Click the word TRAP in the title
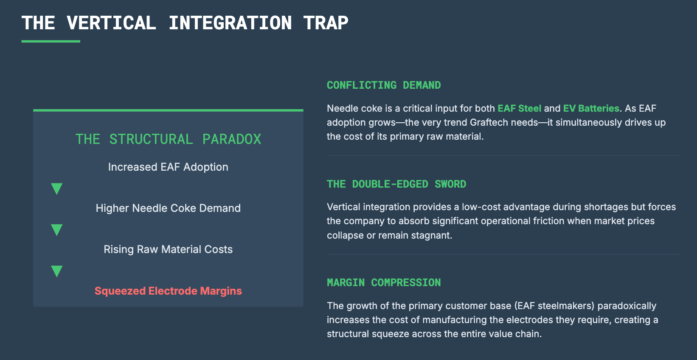pyautogui.click(x=326, y=23)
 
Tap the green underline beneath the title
pyautogui.click(x=51, y=41)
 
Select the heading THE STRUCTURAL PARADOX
pyautogui.click(x=168, y=139)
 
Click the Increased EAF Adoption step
pyautogui.click(x=168, y=167)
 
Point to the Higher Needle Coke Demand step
pyautogui.click(x=168, y=208)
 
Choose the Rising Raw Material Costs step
pyautogui.click(x=168, y=249)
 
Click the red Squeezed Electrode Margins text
pyautogui.click(x=168, y=291)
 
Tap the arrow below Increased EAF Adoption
pyautogui.click(x=57, y=188)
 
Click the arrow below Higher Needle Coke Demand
pyautogui.click(x=57, y=230)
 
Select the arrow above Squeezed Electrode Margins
pyautogui.click(x=57, y=271)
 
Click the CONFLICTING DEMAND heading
pyautogui.click(x=384, y=85)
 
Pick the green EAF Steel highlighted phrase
pyautogui.click(x=519, y=108)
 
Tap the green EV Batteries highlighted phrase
pyautogui.click(x=591, y=108)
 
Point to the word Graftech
pyautogui.click(x=489, y=122)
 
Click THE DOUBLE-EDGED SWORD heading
pyautogui.click(x=396, y=184)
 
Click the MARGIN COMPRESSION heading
pyautogui.click(x=384, y=283)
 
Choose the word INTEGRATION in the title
pyautogui.click(x=230, y=23)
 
